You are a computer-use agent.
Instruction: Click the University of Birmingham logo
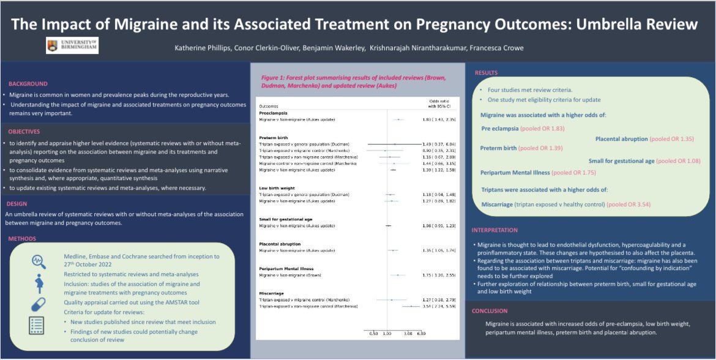pos(72,45)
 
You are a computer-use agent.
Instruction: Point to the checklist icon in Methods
pos(37,326)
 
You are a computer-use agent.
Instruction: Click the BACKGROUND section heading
pos(28,84)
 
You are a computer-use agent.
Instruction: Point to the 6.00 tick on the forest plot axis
pos(421,333)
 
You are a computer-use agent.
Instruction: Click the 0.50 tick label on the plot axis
pos(373,333)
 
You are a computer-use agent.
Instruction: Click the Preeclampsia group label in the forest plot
pos(274,113)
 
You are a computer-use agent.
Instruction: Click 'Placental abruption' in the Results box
pos(621,139)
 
